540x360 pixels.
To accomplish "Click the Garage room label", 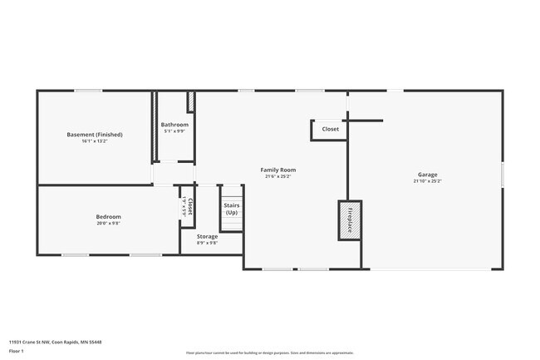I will (x=428, y=175).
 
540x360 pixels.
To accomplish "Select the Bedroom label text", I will (x=108, y=217).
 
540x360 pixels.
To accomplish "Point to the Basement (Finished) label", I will (x=94, y=135).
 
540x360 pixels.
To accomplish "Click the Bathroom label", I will (x=174, y=125).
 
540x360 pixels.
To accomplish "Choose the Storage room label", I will (x=207, y=237).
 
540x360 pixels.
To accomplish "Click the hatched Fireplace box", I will (x=350, y=220).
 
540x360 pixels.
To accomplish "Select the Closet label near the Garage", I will (x=331, y=129).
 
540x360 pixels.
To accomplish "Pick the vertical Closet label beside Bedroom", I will (x=190, y=206).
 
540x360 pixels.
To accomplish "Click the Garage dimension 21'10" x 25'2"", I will (x=428, y=181).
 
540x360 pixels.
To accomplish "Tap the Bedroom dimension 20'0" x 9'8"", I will (x=108, y=223).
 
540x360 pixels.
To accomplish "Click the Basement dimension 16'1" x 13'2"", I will (x=94, y=141).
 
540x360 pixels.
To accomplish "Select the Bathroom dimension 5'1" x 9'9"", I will (x=174, y=131).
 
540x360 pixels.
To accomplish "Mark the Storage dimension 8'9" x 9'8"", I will (x=207, y=243).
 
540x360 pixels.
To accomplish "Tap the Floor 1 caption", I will (x=17, y=351).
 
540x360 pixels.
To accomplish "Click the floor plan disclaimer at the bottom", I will (x=269, y=353).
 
